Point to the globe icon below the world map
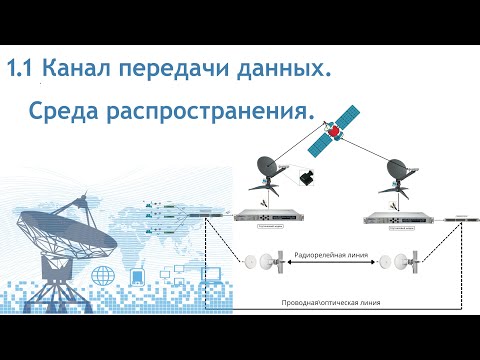point(101,274)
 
